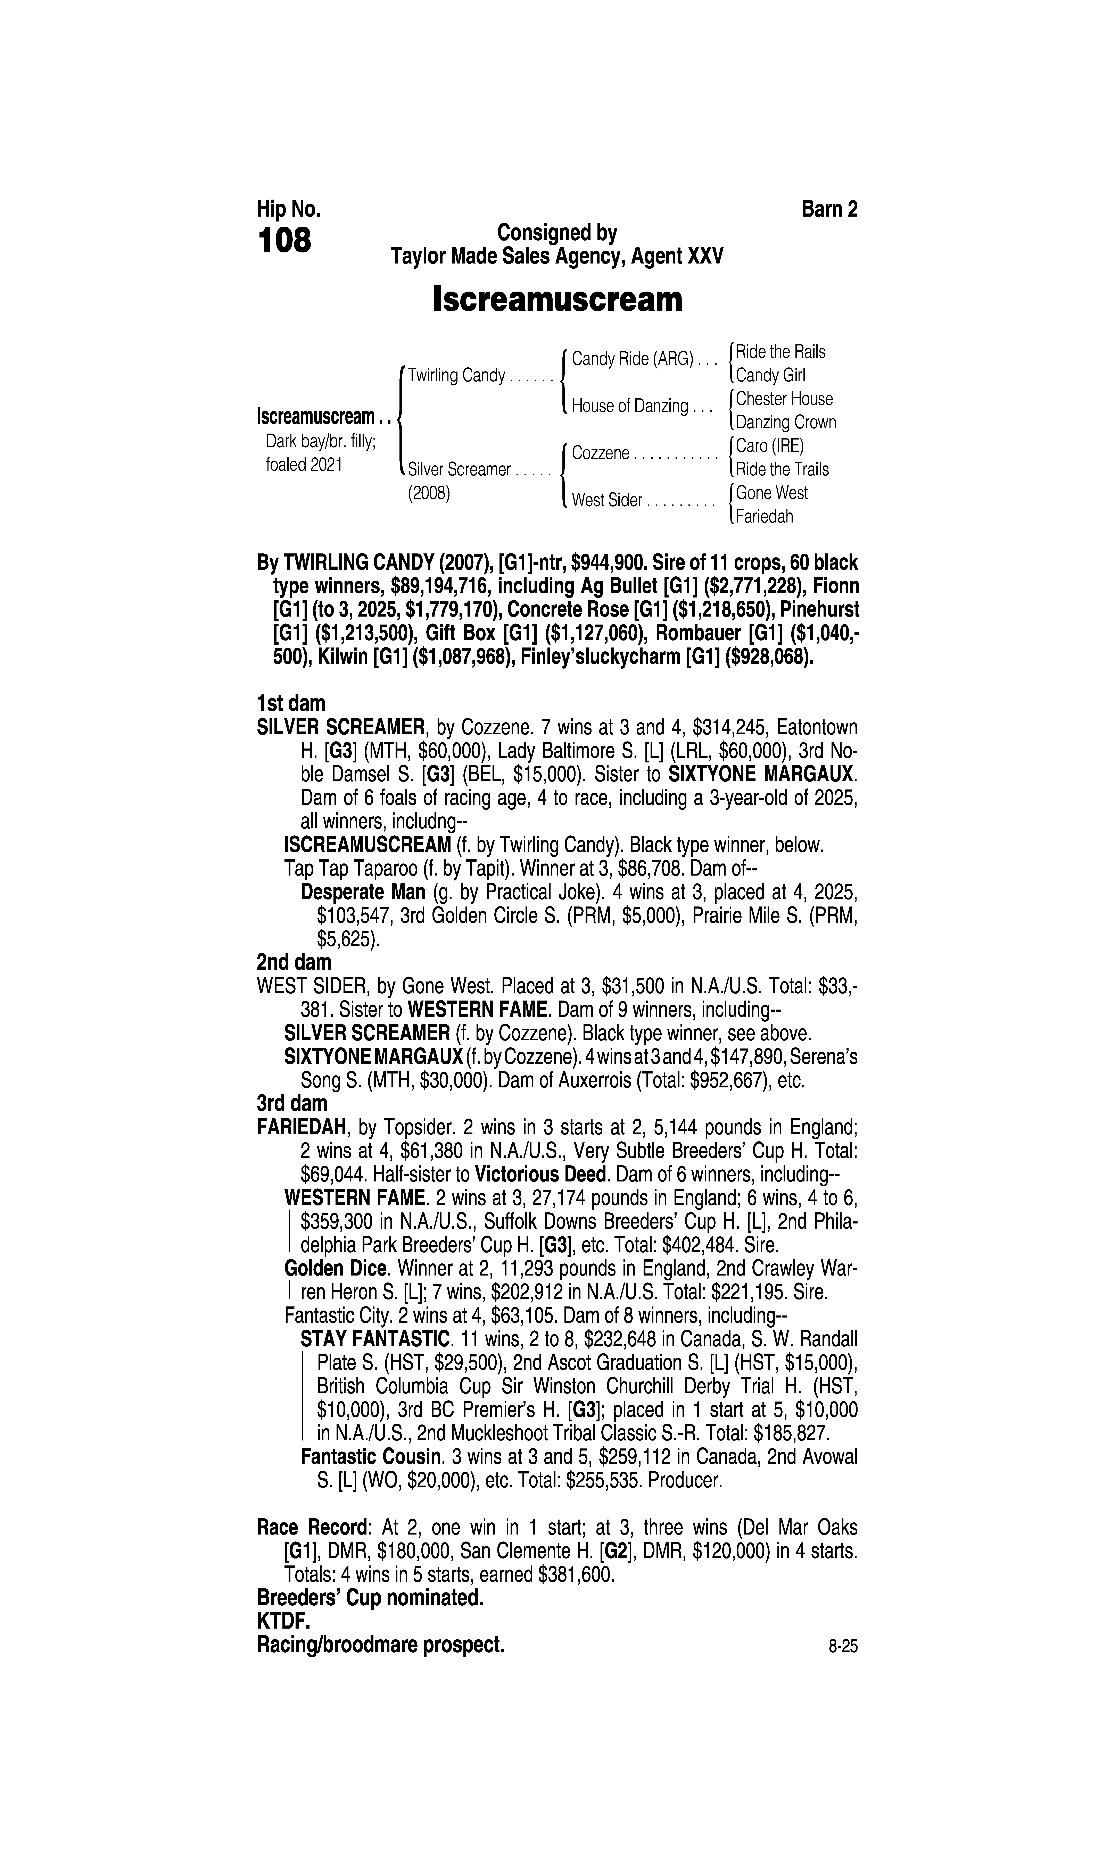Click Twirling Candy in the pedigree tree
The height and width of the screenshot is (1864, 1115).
pos(456,376)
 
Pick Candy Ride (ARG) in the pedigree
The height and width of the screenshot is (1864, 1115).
pos(632,359)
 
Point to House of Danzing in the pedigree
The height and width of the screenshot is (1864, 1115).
pos(630,406)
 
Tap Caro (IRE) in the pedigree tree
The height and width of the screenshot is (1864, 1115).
pos(769,446)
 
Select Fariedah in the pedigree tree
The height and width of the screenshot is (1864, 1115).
pos(764,517)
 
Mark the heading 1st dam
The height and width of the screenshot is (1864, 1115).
pos(291,704)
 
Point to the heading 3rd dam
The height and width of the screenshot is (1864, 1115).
pos(292,1103)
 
